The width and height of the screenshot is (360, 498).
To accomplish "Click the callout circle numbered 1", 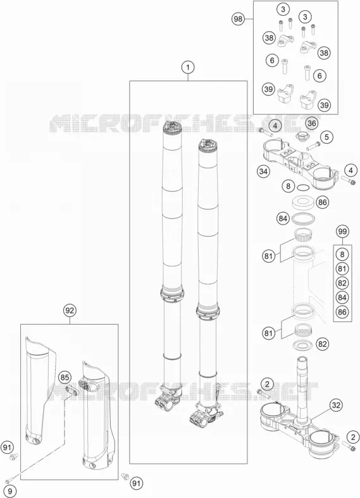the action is pos(188,67).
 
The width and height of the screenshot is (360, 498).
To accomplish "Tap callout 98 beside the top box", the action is pos(238,19).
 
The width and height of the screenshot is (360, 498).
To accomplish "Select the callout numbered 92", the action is pos(70,310).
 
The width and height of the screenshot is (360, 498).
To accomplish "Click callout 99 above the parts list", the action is pos(342,232).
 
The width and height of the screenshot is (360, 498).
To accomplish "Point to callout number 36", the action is pos(311,123).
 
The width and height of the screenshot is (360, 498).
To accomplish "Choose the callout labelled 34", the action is pos(263,172).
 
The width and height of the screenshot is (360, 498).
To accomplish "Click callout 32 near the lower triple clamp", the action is pos(336,405).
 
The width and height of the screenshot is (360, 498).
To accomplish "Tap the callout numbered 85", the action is pos(65,378).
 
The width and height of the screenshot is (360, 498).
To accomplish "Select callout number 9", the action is pos(10,491).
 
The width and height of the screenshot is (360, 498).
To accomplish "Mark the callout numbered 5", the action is pos(326,137).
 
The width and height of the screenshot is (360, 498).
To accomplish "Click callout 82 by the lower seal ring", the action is pos(322,344).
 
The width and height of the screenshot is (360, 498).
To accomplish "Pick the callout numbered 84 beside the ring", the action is pos(283,218).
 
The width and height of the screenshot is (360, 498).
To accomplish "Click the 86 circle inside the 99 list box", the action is pos(342,312).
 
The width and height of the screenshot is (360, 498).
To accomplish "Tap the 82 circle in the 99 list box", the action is pos(342,283).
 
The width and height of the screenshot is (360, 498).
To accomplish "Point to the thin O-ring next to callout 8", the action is pos(303,188).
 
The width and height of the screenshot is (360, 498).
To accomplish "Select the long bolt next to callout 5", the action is pos(313,146).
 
